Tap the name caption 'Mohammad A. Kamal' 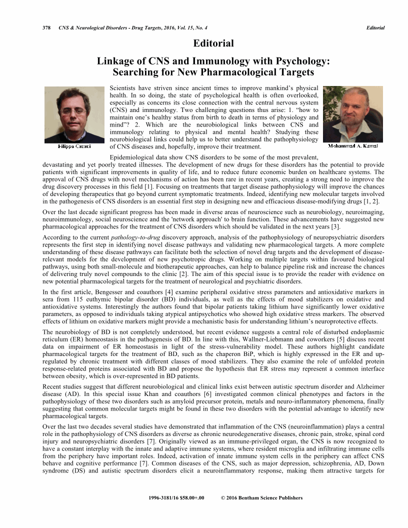coord(352,146)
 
